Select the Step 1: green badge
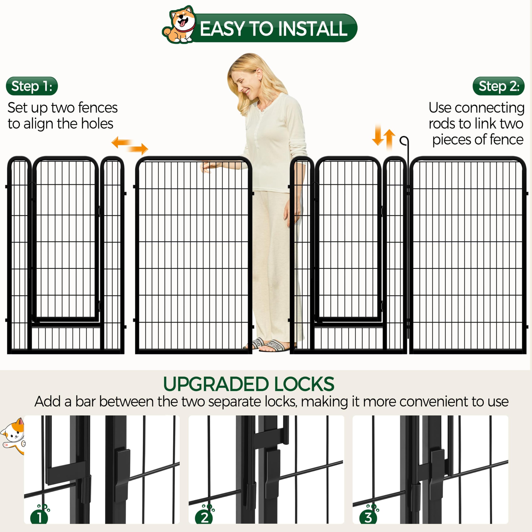[32, 86]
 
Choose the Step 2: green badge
[498, 86]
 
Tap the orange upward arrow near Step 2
[389, 139]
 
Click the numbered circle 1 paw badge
[39, 517]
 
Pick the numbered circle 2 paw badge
[204, 517]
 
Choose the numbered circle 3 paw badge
[368, 517]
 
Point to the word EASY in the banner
[222, 29]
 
